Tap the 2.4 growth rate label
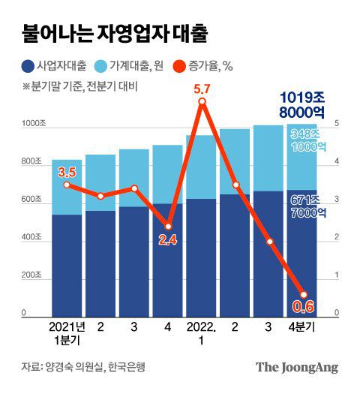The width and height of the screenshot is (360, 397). (x=169, y=240)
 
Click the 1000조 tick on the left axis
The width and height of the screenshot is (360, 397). (x=33, y=122)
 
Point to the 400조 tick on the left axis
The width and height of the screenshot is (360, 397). (x=33, y=237)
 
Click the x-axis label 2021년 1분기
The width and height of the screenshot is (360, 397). (x=67, y=335)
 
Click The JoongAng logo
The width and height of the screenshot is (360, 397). (x=297, y=367)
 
